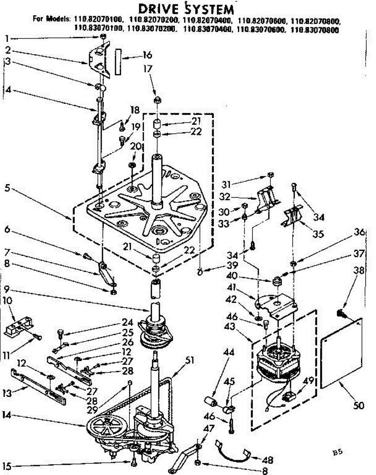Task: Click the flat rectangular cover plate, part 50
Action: [x=342, y=352]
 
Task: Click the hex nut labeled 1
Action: [x=103, y=37]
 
